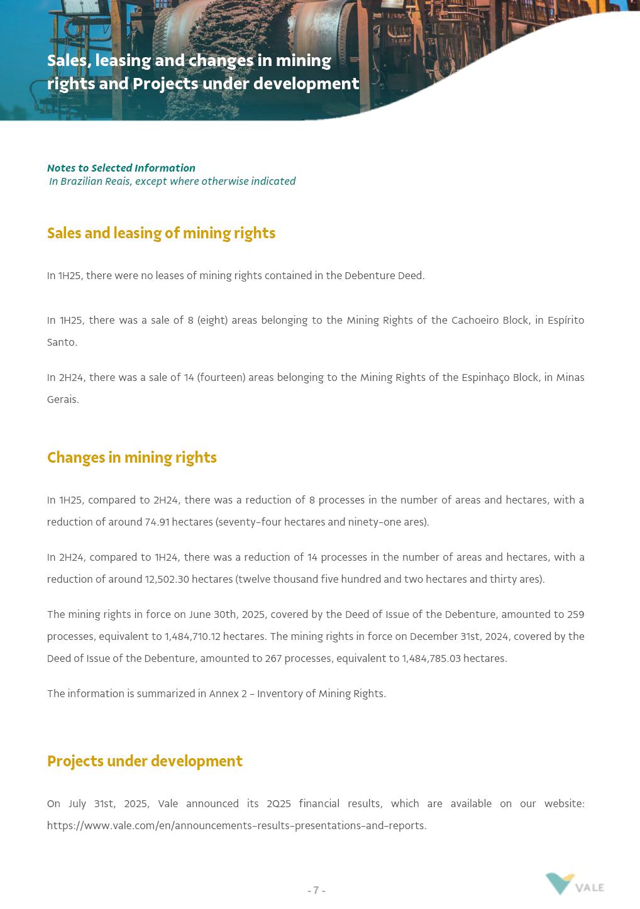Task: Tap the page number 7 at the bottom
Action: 316,890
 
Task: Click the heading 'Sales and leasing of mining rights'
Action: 161,233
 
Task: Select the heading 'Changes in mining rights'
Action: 131,458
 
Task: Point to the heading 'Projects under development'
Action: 145,761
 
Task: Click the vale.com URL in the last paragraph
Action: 236,825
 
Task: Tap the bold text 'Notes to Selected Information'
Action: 121,168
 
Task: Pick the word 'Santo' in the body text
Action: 61,342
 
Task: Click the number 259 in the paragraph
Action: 575,614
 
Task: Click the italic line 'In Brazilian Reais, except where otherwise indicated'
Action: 172,181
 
